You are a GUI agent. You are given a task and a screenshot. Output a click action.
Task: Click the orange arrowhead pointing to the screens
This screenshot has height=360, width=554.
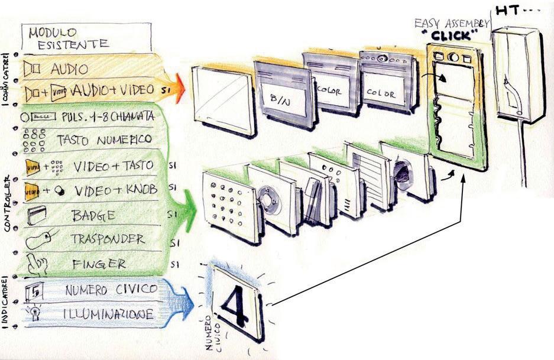[x=179, y=90]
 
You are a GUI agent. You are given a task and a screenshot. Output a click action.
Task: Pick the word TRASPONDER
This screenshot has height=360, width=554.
[x=108, y=239]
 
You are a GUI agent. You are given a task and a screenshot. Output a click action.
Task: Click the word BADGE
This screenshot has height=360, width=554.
[x=94, y=215]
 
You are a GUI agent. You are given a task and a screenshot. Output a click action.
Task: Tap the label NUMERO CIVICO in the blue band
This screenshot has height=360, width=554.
[x=111, y=289]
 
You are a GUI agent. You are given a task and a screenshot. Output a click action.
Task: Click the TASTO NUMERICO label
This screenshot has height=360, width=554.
[x=105, y=140]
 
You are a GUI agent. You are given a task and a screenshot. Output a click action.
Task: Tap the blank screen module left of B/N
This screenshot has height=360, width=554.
[x=223, y=99]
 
